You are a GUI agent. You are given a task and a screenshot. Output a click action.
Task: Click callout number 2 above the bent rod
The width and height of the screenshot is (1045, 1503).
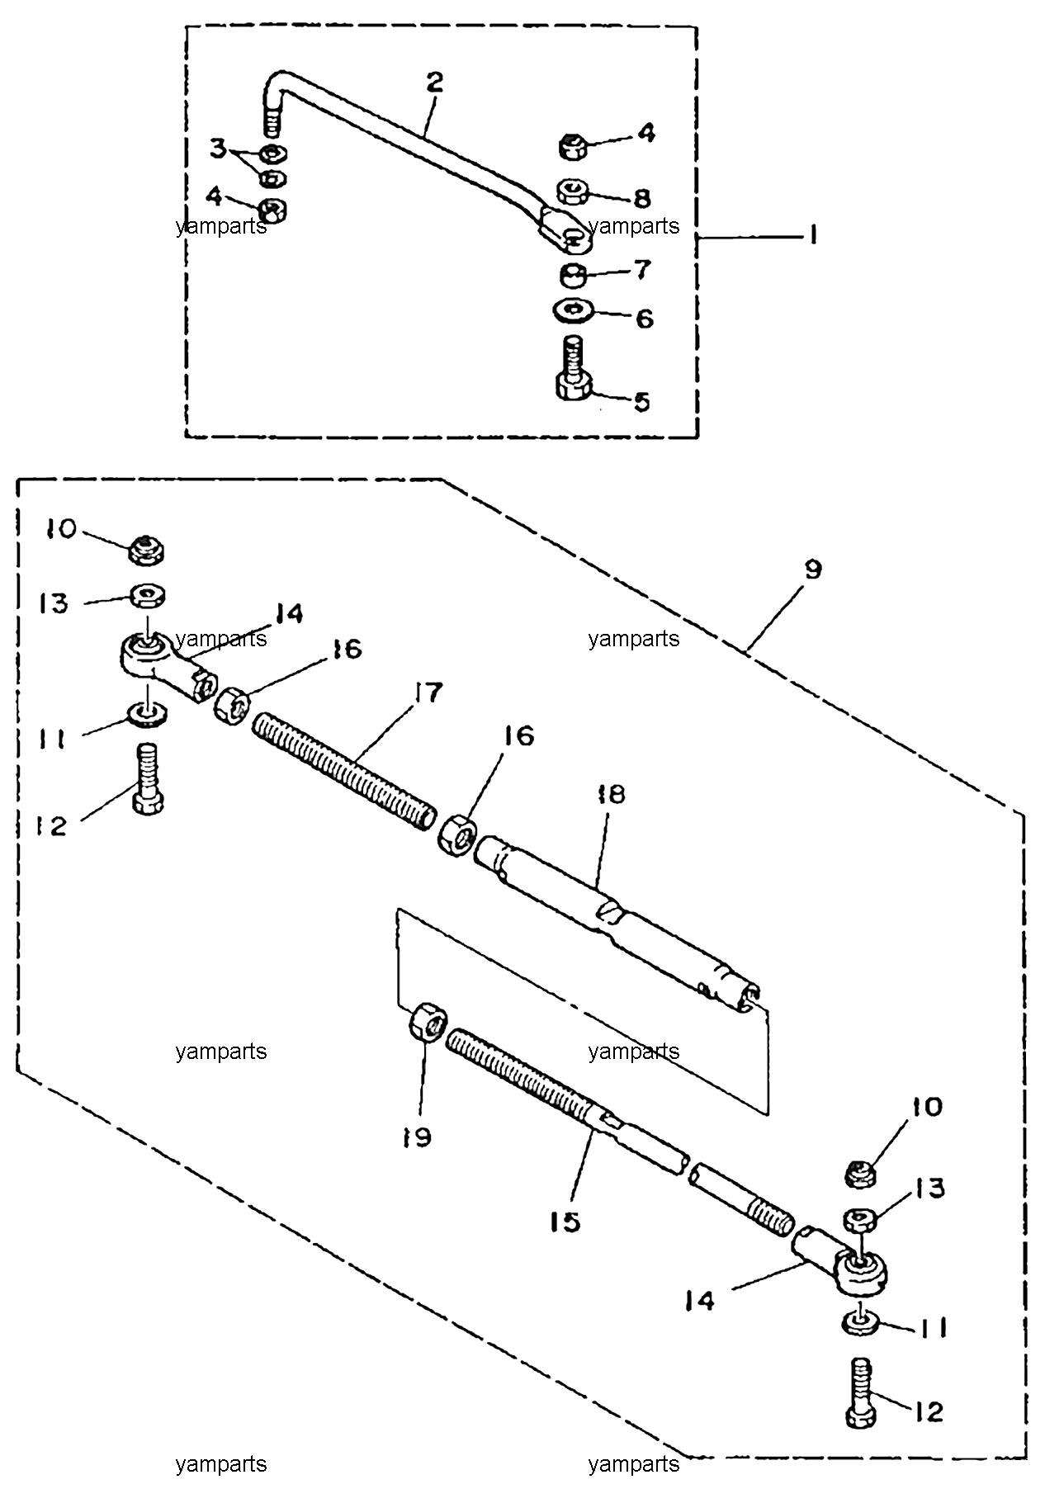[x=434, y=82]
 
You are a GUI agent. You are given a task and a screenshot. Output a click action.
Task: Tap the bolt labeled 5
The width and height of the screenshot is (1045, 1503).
[x=574, y=370]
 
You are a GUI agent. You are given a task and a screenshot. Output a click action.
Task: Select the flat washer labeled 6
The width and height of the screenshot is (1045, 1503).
[x=574, y=310]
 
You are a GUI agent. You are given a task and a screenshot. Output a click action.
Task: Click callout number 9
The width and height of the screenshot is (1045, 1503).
[x=813, y=570]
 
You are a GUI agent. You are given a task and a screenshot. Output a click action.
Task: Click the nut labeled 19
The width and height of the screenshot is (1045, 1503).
[x=428, y=1022]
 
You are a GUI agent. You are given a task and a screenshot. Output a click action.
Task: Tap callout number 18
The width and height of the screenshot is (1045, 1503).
[x=612, y=794]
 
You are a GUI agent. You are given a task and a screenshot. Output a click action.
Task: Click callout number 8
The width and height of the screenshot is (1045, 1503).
[x=641, y=198]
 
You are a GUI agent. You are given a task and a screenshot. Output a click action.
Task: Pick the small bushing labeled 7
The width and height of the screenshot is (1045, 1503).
[x=575, y=273]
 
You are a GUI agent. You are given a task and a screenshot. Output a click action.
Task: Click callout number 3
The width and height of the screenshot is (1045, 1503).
[x=217, y=149]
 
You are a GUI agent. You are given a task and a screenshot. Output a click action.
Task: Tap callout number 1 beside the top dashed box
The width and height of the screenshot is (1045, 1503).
[x=812, y=237]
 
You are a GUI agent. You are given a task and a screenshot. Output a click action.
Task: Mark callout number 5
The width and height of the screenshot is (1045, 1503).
[x=641, y=402]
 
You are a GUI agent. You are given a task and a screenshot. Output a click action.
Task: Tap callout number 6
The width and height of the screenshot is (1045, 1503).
[x=643, y=318]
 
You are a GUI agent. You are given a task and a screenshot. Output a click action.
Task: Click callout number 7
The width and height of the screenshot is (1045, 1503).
[x=641, y=269]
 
